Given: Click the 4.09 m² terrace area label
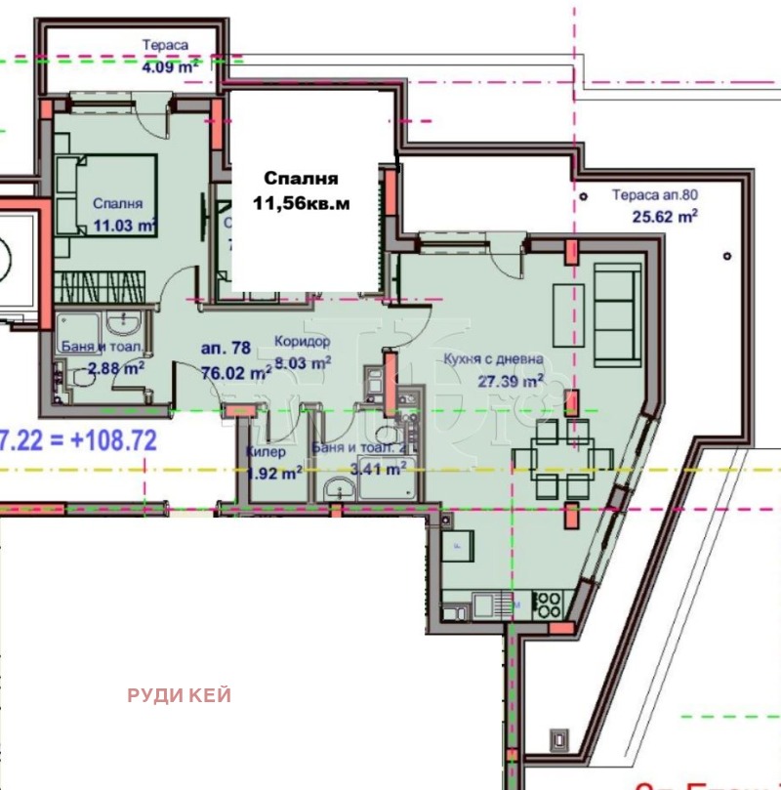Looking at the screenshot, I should pos(170,67).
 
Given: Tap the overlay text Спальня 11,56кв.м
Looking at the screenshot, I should pos(301,190).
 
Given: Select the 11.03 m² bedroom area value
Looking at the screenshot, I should pos(126,225).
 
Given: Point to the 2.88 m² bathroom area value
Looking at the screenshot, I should pos(116,367).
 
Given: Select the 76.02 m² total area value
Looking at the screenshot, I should pos(236,372).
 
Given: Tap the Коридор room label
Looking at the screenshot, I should pos(302,343).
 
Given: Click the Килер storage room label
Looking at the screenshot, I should pos(266,452).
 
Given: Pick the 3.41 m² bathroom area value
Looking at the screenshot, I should pos(382,469).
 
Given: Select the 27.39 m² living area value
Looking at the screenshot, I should pos(509,382).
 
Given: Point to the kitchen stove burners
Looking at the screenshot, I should pos(547,604).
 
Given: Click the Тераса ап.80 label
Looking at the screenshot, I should pos(655,194).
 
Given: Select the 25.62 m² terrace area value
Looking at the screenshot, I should pos(665,217).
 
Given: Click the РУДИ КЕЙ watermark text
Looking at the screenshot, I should pos(179,695).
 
